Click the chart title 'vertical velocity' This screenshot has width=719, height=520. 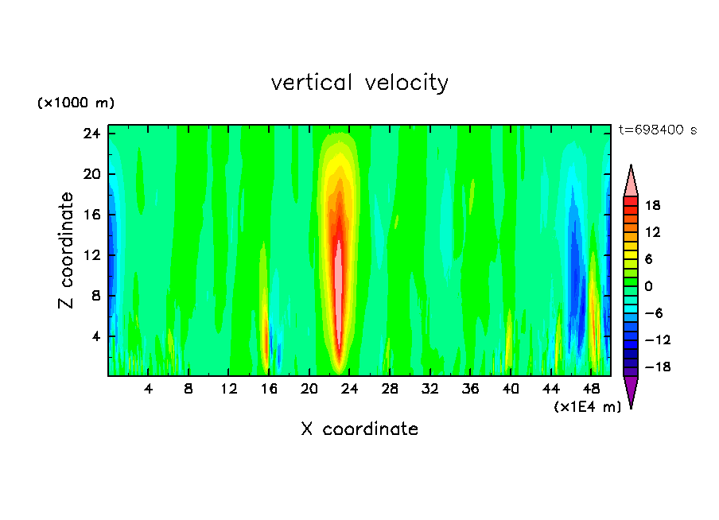point(359,83)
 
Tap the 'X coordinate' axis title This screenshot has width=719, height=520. point(359,429)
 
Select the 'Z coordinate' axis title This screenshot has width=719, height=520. point(67,250)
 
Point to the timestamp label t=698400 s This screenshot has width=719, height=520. point(657,130)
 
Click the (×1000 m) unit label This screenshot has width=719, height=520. point(76,103)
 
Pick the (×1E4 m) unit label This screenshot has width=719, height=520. point(587,407)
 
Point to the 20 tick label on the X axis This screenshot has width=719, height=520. point(309,390)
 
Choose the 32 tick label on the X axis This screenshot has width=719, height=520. point(430,390)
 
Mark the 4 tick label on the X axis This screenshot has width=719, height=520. point(149,390)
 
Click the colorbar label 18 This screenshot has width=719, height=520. point(652,205)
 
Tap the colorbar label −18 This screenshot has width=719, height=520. point(650,367)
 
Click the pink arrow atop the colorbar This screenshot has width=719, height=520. point(631,182)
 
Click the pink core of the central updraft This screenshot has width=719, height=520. point(337,294)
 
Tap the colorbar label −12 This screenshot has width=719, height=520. point(650,340)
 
